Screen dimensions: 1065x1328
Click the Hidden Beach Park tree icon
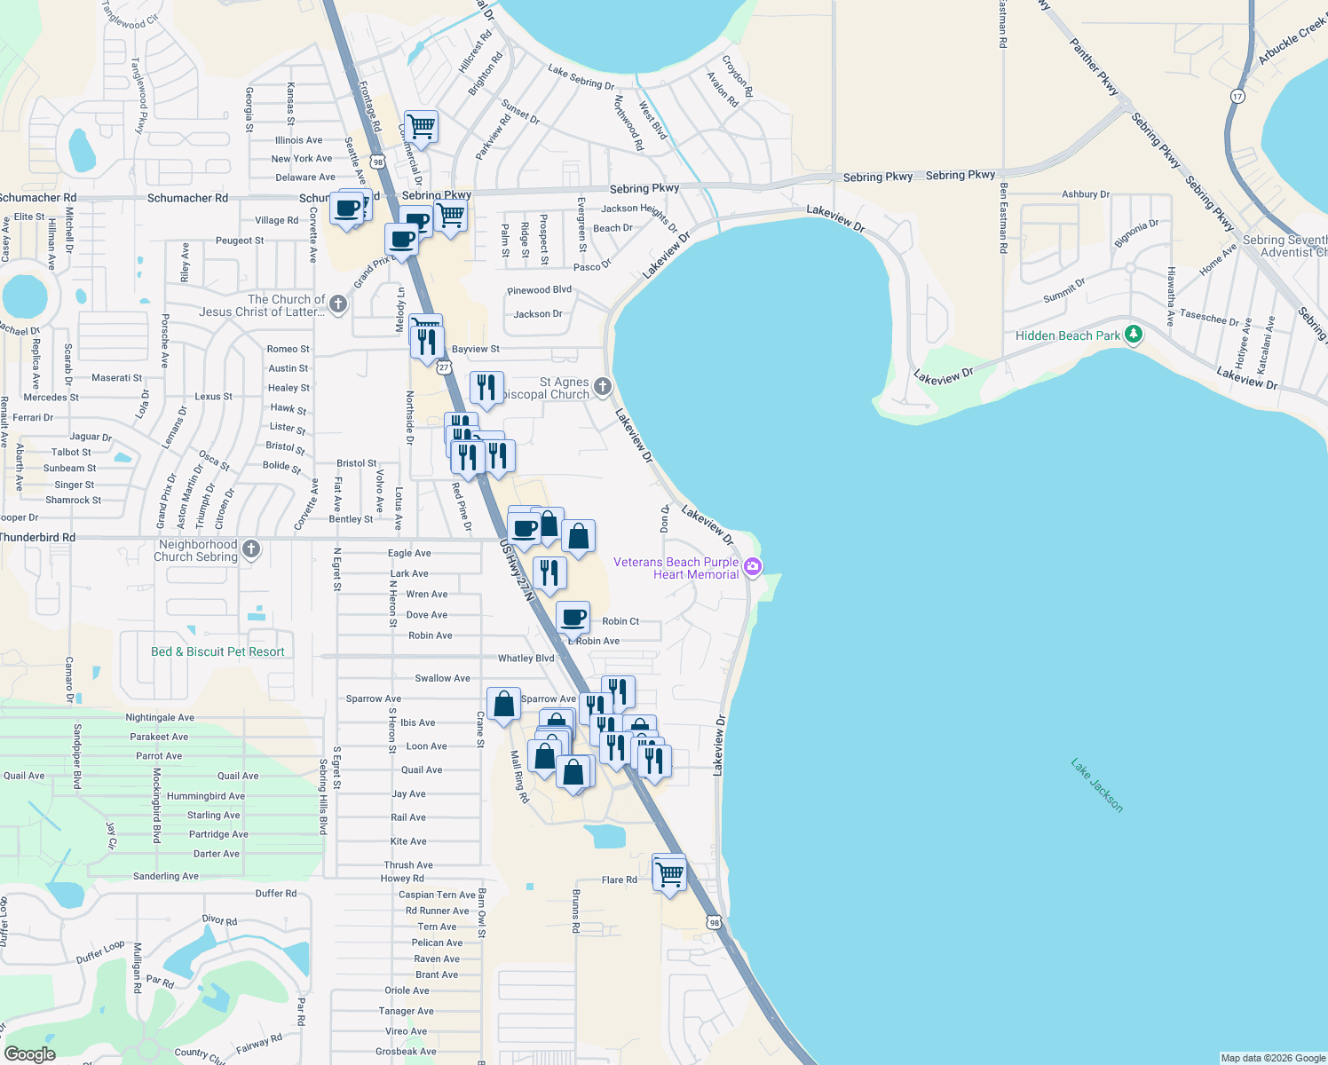coord(1133,335)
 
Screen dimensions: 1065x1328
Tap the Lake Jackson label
coord(1097,785)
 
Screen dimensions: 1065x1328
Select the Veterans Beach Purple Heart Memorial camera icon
coord(753,566)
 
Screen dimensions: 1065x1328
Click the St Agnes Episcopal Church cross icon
coord(603,386)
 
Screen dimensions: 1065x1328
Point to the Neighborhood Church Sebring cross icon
coord(251,549)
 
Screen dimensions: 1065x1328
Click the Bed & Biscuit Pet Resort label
coord(217,651)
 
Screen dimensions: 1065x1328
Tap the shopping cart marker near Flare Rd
coord(669,872)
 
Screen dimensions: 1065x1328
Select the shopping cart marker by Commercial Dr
coord(421,127)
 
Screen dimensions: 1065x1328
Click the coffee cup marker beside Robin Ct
coord(573,616)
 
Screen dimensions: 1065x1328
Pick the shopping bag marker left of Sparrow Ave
coord(503,704)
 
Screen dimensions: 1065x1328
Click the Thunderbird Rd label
coord(38,537)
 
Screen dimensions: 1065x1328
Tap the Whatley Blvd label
coord(526,659)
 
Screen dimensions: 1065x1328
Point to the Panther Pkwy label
coord(1094,67)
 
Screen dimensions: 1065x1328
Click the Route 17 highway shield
coord(1237,96)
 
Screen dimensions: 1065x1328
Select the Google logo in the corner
coord(29,1054)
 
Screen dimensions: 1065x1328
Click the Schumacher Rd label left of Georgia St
coord(187,198)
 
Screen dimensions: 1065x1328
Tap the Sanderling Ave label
coord(166,876)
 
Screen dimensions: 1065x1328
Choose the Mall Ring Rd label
coord(519,777)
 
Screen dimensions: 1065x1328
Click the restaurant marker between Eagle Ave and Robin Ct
coord(549,573)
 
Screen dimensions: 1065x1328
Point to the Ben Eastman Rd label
coord(1003,218)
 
